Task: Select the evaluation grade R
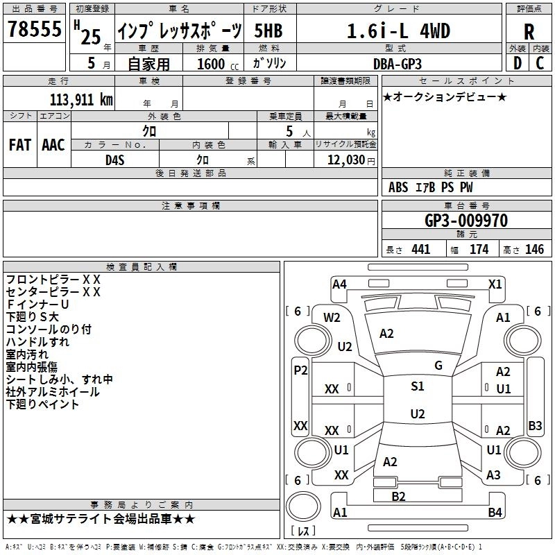529,32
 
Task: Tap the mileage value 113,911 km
81,99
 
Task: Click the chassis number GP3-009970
466,221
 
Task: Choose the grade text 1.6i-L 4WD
398,32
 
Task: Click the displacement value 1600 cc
215,64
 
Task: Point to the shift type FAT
19,144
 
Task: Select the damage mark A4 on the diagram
339,284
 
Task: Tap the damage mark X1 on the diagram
495,284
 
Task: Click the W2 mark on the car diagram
332,318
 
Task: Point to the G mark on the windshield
438,366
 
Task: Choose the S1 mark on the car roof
418,386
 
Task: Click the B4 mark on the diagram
495,513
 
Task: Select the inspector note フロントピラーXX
53,280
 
